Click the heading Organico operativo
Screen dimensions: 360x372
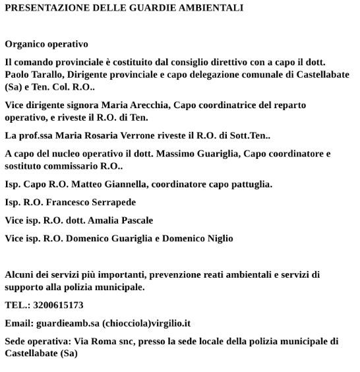pyautogui.click(x=46, y=44)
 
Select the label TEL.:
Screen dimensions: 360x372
pyautogui.click(x=15, y=305)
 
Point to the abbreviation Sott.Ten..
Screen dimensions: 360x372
pyautogui.click(x=247, y=136)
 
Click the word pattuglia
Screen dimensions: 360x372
pyautogui.click(x=251, y=185)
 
